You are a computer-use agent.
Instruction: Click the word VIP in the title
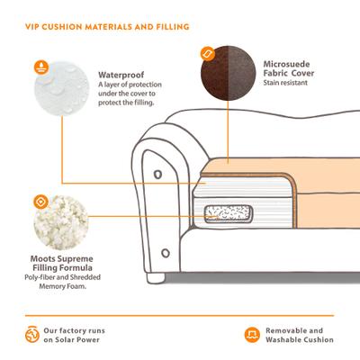coord(31,27)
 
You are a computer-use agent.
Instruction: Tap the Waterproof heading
coord(121,75)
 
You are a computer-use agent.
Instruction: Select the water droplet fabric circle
coord(62,88)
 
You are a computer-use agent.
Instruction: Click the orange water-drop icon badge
coord(41,67)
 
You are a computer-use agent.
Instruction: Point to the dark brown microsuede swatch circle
coord(229,73)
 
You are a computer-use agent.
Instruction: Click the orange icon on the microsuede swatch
coord(208,54)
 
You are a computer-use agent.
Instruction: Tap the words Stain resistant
coord(285,83)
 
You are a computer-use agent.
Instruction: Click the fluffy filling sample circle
coord(61,222)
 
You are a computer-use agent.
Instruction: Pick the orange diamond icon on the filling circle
coord(40,202)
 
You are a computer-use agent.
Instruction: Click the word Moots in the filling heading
coord(42,259)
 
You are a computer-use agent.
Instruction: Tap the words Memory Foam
coord(63,286)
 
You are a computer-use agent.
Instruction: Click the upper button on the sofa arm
coord(157,175)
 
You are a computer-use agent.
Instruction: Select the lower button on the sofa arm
coord(166,253)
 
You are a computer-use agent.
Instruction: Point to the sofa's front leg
coord(156,278)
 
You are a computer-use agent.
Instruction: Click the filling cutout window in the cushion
coord(228,214)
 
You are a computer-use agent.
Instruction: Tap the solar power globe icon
coord(32,335)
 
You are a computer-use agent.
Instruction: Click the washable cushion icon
coord(252,335)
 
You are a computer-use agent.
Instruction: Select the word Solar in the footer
coord(64,340)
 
